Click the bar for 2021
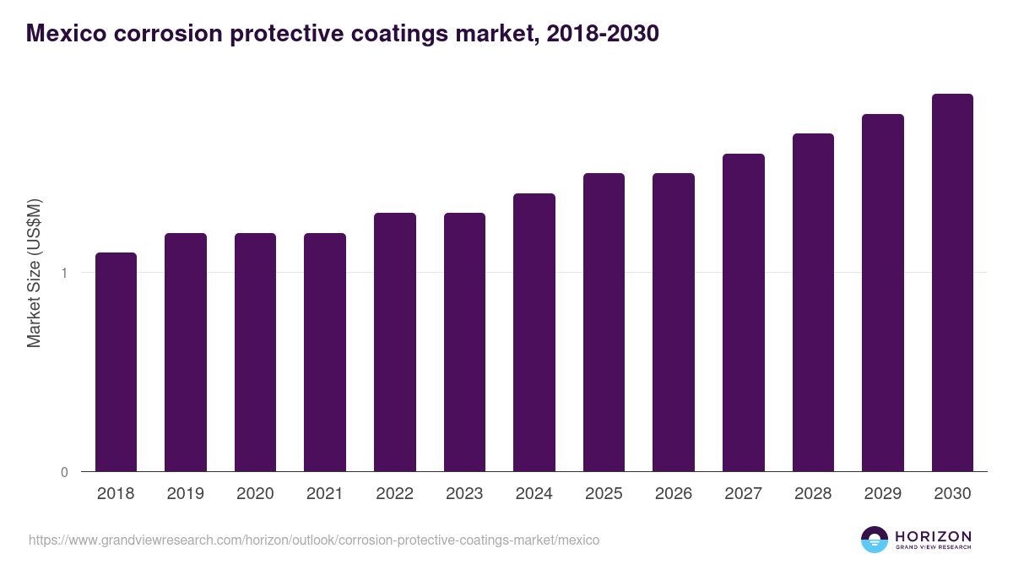[325, 352]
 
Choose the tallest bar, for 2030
[952, 282]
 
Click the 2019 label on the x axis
[186, 494]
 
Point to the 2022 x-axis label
[394, 494]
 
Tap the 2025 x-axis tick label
[604, 494]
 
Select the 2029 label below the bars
[882, 494]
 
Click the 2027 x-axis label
[743, 494]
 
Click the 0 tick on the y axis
[64, 472]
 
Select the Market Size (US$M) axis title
[34, 273]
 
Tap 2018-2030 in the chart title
[603, 34]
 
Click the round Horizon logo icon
[875, 540]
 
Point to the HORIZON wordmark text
[933, 536]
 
